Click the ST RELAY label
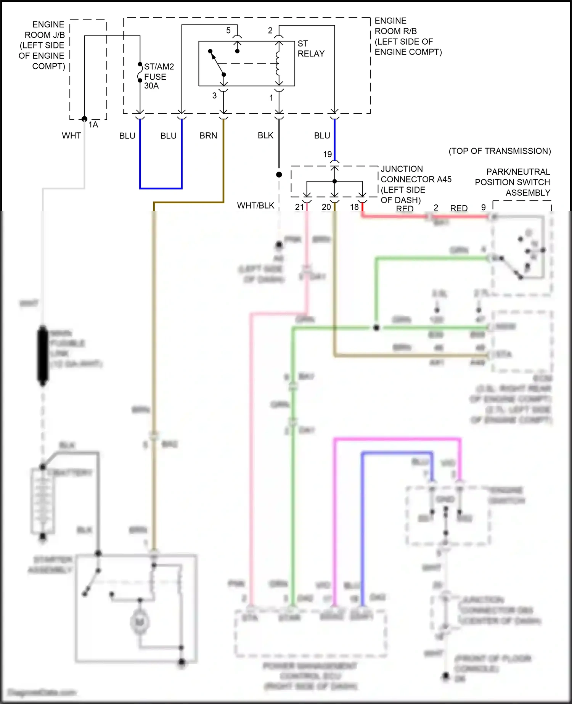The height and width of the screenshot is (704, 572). [310, 49]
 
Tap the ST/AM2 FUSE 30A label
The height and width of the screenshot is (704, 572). [158, 76]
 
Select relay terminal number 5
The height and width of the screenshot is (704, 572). [228, 31]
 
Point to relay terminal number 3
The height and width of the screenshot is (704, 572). [214, 96]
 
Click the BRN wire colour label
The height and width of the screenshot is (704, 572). [208, 136]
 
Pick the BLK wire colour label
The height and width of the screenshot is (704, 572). [265, 135]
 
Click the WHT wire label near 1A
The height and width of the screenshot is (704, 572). [71, 136]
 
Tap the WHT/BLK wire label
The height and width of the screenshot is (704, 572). [255, 206]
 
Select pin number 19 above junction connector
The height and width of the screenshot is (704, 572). [328, 154]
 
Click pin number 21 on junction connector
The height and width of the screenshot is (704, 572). [299, 207]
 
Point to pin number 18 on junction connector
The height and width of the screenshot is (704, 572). [354, 207]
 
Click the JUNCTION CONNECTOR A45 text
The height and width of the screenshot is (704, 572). [415, 174]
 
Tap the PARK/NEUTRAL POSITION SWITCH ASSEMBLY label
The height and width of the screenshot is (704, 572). [513, 182]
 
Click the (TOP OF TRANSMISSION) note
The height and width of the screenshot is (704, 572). [500, 151]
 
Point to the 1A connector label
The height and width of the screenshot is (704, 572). [93, 125]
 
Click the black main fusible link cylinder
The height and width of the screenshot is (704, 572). [43, 355]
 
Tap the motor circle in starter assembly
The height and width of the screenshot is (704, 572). [140, 622]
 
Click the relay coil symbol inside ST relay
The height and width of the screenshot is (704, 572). [278, 63]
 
